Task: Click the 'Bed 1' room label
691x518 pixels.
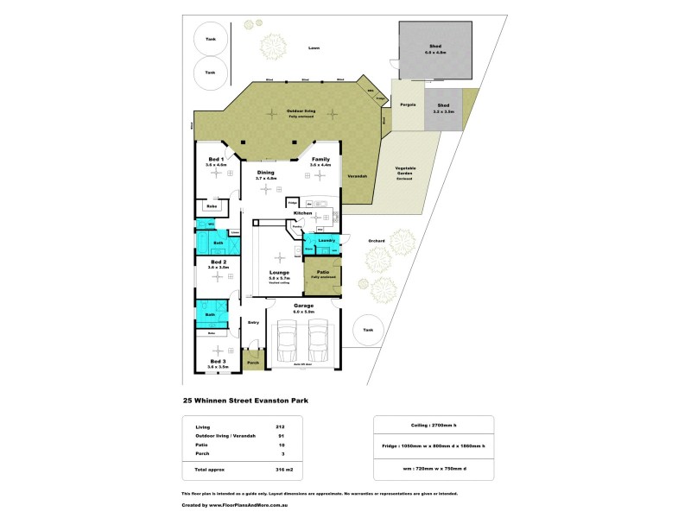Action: point(216,160)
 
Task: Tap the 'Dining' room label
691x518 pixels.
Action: point(267,172)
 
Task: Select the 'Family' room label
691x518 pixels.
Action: point(320,160)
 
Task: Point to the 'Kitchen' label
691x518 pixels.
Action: point(302,212)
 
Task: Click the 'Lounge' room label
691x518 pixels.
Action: point(278,272)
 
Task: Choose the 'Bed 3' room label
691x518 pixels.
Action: point(217,361)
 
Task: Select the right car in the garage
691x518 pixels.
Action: point(320,341)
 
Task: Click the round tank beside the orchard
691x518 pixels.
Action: point(368,331)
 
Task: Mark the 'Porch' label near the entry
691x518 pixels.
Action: point(253,363)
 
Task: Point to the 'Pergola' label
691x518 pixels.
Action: point(408,104)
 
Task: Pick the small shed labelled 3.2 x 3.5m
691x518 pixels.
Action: point(442,107)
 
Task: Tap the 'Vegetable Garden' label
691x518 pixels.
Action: point(406,170)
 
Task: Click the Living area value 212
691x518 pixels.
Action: point(279,426)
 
